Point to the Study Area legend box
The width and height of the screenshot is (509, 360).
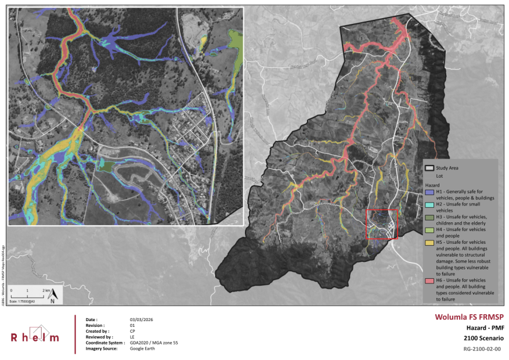[x=429, y=168]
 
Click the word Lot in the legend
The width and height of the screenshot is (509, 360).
[x=440, y=174]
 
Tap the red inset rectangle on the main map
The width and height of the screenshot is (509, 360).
[x=381, y=224]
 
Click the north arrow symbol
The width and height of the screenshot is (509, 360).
[x=52, y=296]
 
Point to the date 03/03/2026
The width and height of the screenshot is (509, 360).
[x=141, y=320]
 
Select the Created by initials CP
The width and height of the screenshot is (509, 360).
[x=132, y=331]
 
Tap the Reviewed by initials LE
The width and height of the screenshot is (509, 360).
[x=132, y=337]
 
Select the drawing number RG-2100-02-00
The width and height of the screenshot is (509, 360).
[x=482, y=350]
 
